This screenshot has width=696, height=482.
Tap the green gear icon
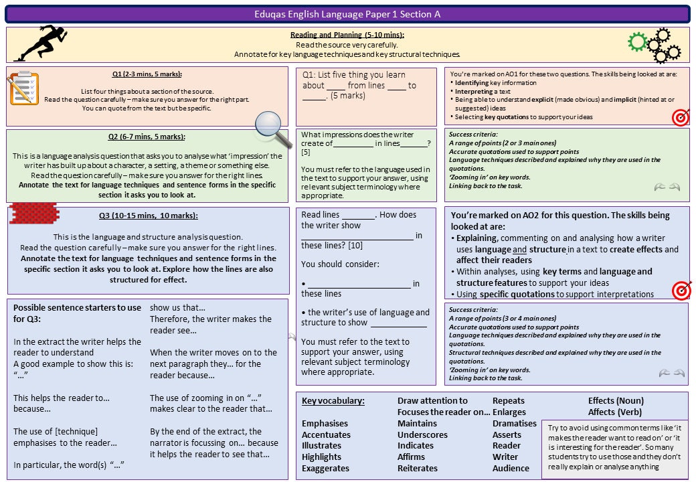coord(638,42)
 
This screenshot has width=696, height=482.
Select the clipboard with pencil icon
coord(23,89)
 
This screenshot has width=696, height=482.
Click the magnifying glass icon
coord(268,125)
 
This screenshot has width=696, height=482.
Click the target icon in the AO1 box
coord(681,117)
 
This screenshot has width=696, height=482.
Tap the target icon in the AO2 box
coord(681,289)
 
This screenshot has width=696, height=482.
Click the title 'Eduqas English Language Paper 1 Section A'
coord(347,14)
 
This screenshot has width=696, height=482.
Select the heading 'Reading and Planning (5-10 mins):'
coord(347,35)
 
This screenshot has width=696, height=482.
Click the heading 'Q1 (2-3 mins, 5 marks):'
coord(147,74)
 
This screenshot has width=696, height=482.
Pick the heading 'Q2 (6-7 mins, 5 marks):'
coord(147,137)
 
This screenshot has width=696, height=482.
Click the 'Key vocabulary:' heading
coord(333,401)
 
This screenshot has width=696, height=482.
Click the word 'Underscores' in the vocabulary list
coord(422,434)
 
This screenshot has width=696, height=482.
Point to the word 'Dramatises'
coord(514,423)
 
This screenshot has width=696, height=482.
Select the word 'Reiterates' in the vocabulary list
coord(418,468)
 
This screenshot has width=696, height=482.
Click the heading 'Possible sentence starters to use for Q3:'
coord(77,313)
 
